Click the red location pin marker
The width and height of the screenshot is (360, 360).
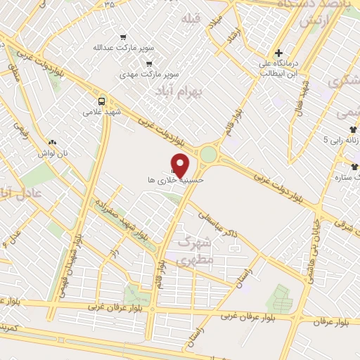(181, 166)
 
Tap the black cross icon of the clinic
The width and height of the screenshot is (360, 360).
(279, 52)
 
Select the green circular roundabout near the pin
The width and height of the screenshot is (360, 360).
(209, 154)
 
